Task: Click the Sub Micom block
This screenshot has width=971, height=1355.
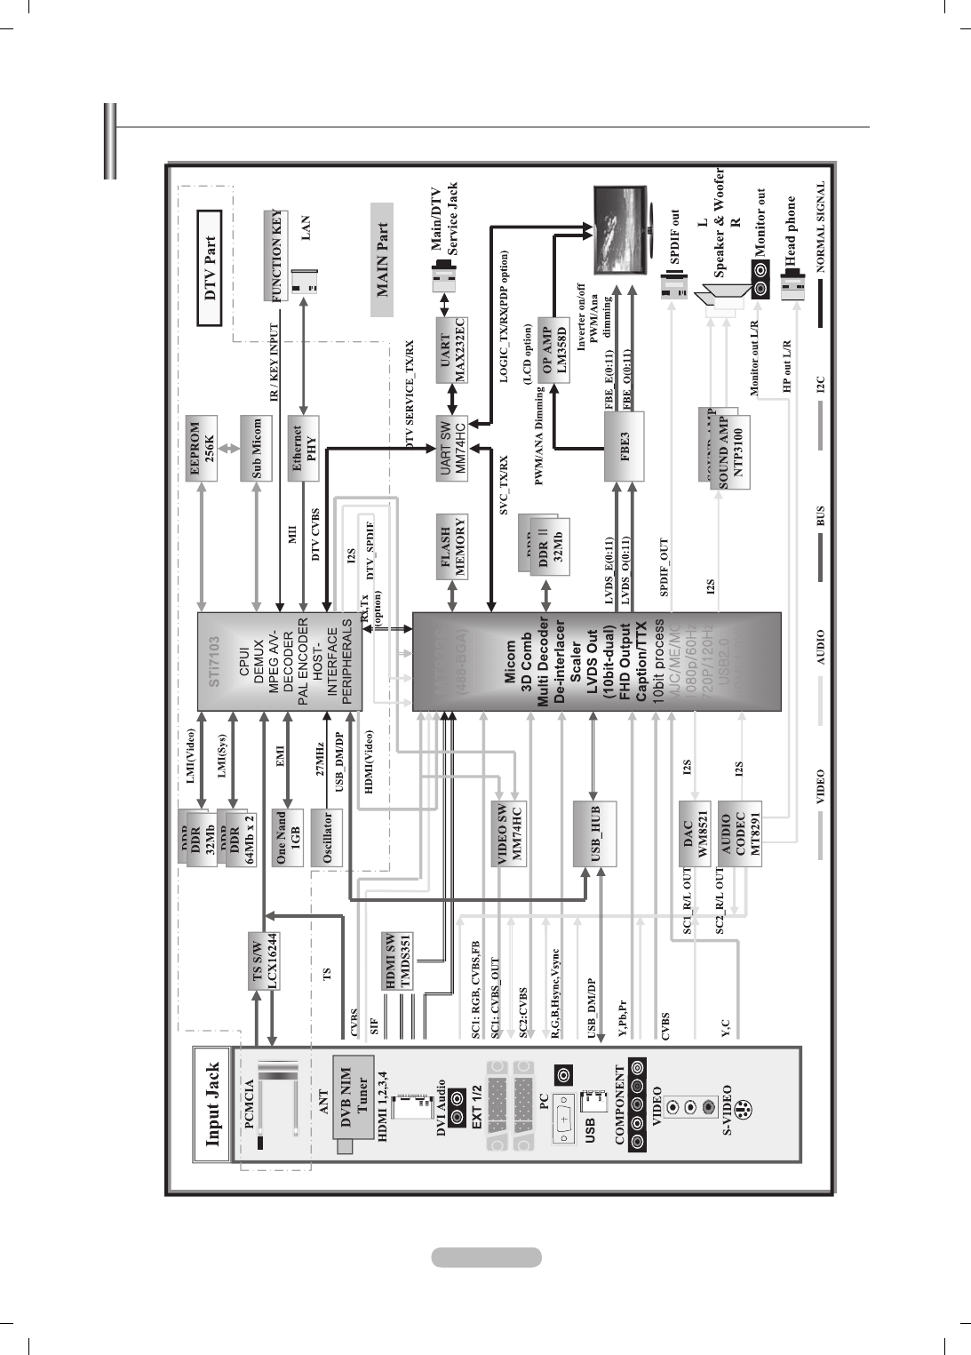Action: [x=256, y=449]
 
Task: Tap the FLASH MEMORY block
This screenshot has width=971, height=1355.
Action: [x=453, y=546]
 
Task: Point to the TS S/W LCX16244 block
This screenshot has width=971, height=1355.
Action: [x=265, y=960]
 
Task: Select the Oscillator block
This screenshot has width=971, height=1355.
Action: [x=329, y=837]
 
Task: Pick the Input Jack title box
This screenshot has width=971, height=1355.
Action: [x=212, y=1104]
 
